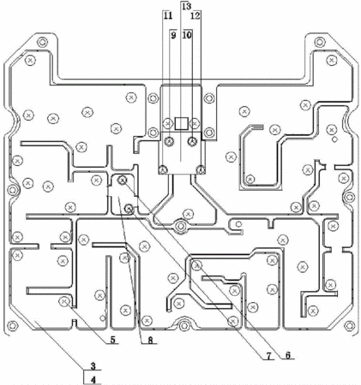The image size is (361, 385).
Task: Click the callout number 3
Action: coord(93,366)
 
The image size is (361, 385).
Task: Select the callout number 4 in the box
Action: coord(93,380)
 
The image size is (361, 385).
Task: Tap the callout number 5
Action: coord(112,340)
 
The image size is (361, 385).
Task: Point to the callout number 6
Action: coord(288,355)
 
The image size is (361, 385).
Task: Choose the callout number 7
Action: coord(268,356)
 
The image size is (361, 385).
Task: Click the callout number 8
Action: coord(150,340)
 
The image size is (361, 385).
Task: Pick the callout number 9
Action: coord(173,35)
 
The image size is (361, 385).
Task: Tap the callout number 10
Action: coord(188,35)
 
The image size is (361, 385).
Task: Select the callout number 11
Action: coord(168,15)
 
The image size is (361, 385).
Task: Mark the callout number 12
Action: coord(196,15)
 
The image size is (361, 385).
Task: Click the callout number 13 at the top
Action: coord(186,6)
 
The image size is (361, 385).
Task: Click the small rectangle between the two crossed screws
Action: coord(182,123)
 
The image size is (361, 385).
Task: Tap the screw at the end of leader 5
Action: coord(64,301)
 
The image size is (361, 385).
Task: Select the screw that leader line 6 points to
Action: coord(123,180)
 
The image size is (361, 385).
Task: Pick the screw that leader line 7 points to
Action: coord(129,210)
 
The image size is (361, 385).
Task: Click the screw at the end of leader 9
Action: coord(170,141)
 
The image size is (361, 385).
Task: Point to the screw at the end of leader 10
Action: coord(192,141)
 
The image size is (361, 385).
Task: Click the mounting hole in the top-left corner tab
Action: coord(42,43)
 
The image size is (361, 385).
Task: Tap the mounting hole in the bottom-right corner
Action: coord(349,325)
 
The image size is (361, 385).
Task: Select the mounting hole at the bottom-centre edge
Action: coord(184,325)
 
